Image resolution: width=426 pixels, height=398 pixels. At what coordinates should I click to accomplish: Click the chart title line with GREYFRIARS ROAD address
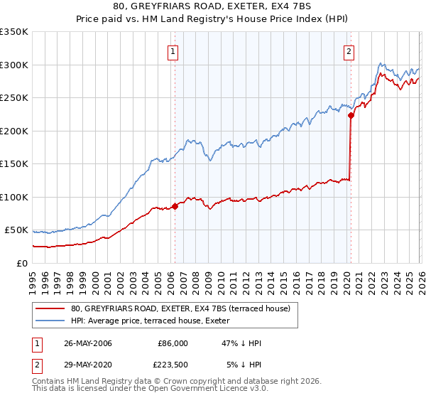tap(212, 6)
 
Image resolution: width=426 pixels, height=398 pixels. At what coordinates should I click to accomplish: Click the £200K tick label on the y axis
tap(13, 131)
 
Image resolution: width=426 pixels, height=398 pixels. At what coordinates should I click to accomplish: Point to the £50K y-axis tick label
tap(16, 230)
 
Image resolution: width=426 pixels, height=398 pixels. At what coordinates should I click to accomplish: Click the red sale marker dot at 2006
tap(175, 206)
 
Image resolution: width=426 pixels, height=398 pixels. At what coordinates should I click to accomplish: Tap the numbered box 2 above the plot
tap(349, 51)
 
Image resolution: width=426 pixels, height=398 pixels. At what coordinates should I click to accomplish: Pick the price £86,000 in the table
tap(173, 343)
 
